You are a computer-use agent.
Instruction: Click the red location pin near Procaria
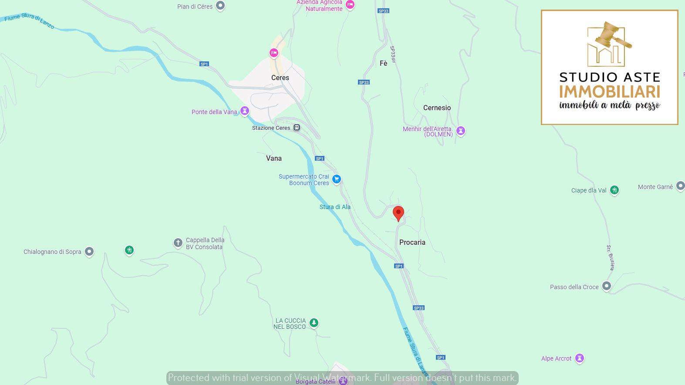click(398, 213)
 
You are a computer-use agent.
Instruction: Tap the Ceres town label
click(280, 78)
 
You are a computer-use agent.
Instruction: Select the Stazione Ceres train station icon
click(297, 128)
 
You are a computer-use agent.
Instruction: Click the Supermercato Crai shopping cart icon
click(336, 179)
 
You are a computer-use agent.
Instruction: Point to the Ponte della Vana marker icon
click(245, 111)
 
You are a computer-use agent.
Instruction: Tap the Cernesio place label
click(437, 108)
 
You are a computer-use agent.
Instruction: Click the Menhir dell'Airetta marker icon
click(461, 131)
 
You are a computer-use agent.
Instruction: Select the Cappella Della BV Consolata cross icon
click(178, 243)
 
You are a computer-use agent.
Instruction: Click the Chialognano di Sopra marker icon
click(89, 251)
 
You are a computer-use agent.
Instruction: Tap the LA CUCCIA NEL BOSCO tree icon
click(314, 323)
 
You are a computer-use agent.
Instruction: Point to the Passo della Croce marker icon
click(607, 286)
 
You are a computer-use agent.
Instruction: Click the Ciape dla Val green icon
click(614, 190)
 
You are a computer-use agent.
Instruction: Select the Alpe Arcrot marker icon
click(579, 358)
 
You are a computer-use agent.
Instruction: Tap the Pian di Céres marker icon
click(220, 6)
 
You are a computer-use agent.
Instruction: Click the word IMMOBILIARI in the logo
click(609, 92)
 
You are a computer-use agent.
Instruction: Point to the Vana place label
click(274, 158)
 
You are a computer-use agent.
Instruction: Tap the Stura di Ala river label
click(335, 207)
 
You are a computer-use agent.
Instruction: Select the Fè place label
click(383, 63)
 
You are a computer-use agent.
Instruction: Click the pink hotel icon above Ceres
click(274, 53)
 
